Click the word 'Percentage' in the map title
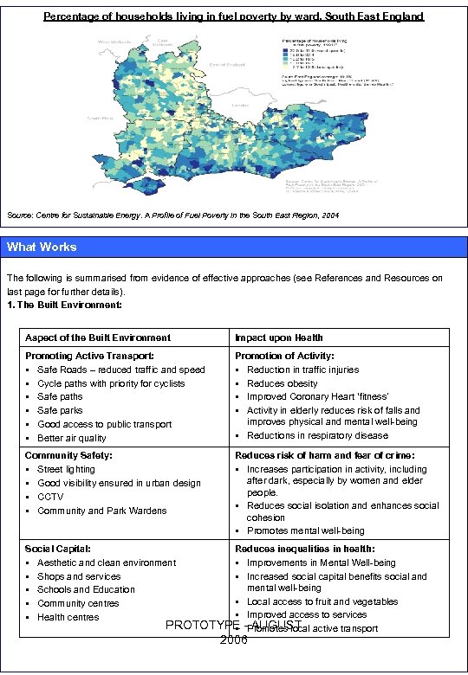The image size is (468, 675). [73, 16]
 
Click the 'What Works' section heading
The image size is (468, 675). [42, 247]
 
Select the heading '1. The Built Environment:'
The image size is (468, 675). [64, 305]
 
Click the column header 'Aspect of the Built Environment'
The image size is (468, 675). [98, 337]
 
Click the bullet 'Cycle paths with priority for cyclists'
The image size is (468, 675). [111, 383]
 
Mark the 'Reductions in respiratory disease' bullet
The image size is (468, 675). [317, 435]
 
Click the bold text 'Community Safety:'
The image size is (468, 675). [68, 455]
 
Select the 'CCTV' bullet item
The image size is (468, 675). [50, 497]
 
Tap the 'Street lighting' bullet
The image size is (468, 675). [66, 469]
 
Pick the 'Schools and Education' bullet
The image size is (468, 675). [86, 589]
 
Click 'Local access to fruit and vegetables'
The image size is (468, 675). [322, 601]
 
